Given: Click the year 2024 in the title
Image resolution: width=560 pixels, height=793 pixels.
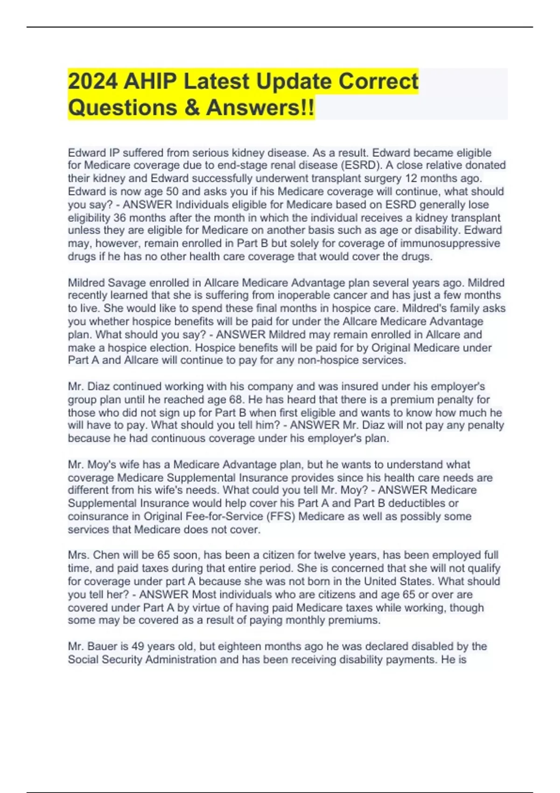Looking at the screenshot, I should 93,81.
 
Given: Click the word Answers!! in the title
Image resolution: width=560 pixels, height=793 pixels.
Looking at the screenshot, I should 260,107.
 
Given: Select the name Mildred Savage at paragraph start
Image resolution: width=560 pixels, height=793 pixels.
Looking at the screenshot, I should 100,283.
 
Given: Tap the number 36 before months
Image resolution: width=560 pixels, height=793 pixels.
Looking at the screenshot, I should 120,217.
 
